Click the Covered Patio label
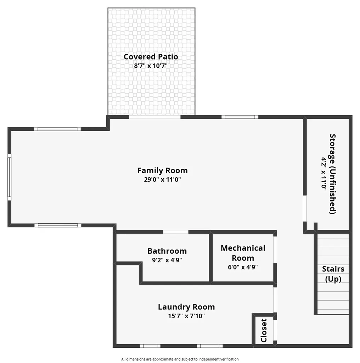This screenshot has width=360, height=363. click(x=151, y=57)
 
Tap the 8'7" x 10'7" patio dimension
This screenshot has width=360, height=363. click(x=151, y=66)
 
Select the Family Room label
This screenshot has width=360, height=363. click(x=162, y=171)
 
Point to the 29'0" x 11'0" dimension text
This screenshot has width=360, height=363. click(x=162, y=179)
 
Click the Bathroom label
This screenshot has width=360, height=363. click(x=167, y=251)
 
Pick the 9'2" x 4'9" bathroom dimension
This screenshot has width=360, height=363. click(x=167, y=260)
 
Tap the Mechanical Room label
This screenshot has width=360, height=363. click(x=243, y=253)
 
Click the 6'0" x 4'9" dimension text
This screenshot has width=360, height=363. click(x=243, y=267)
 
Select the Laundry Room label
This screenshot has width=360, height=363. click(x=186, y=307)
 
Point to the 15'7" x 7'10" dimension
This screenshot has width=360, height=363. click(x=186, y=316)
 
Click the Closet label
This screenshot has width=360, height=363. click(x=264, y=330)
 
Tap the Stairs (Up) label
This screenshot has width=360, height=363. click(x=333, y=274)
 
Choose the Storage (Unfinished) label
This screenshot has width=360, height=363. click(x=332, y=174)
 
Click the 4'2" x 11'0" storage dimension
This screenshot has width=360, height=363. click(x=324, y=174)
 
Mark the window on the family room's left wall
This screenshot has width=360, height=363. click(x=9, y=177)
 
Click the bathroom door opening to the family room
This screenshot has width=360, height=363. click(x=176, y=232)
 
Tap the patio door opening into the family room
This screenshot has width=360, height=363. click(x=154, y=117)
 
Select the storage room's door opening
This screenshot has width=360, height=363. click(x=305, y=208)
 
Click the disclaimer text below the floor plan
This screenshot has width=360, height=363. click(x=180, y=359)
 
